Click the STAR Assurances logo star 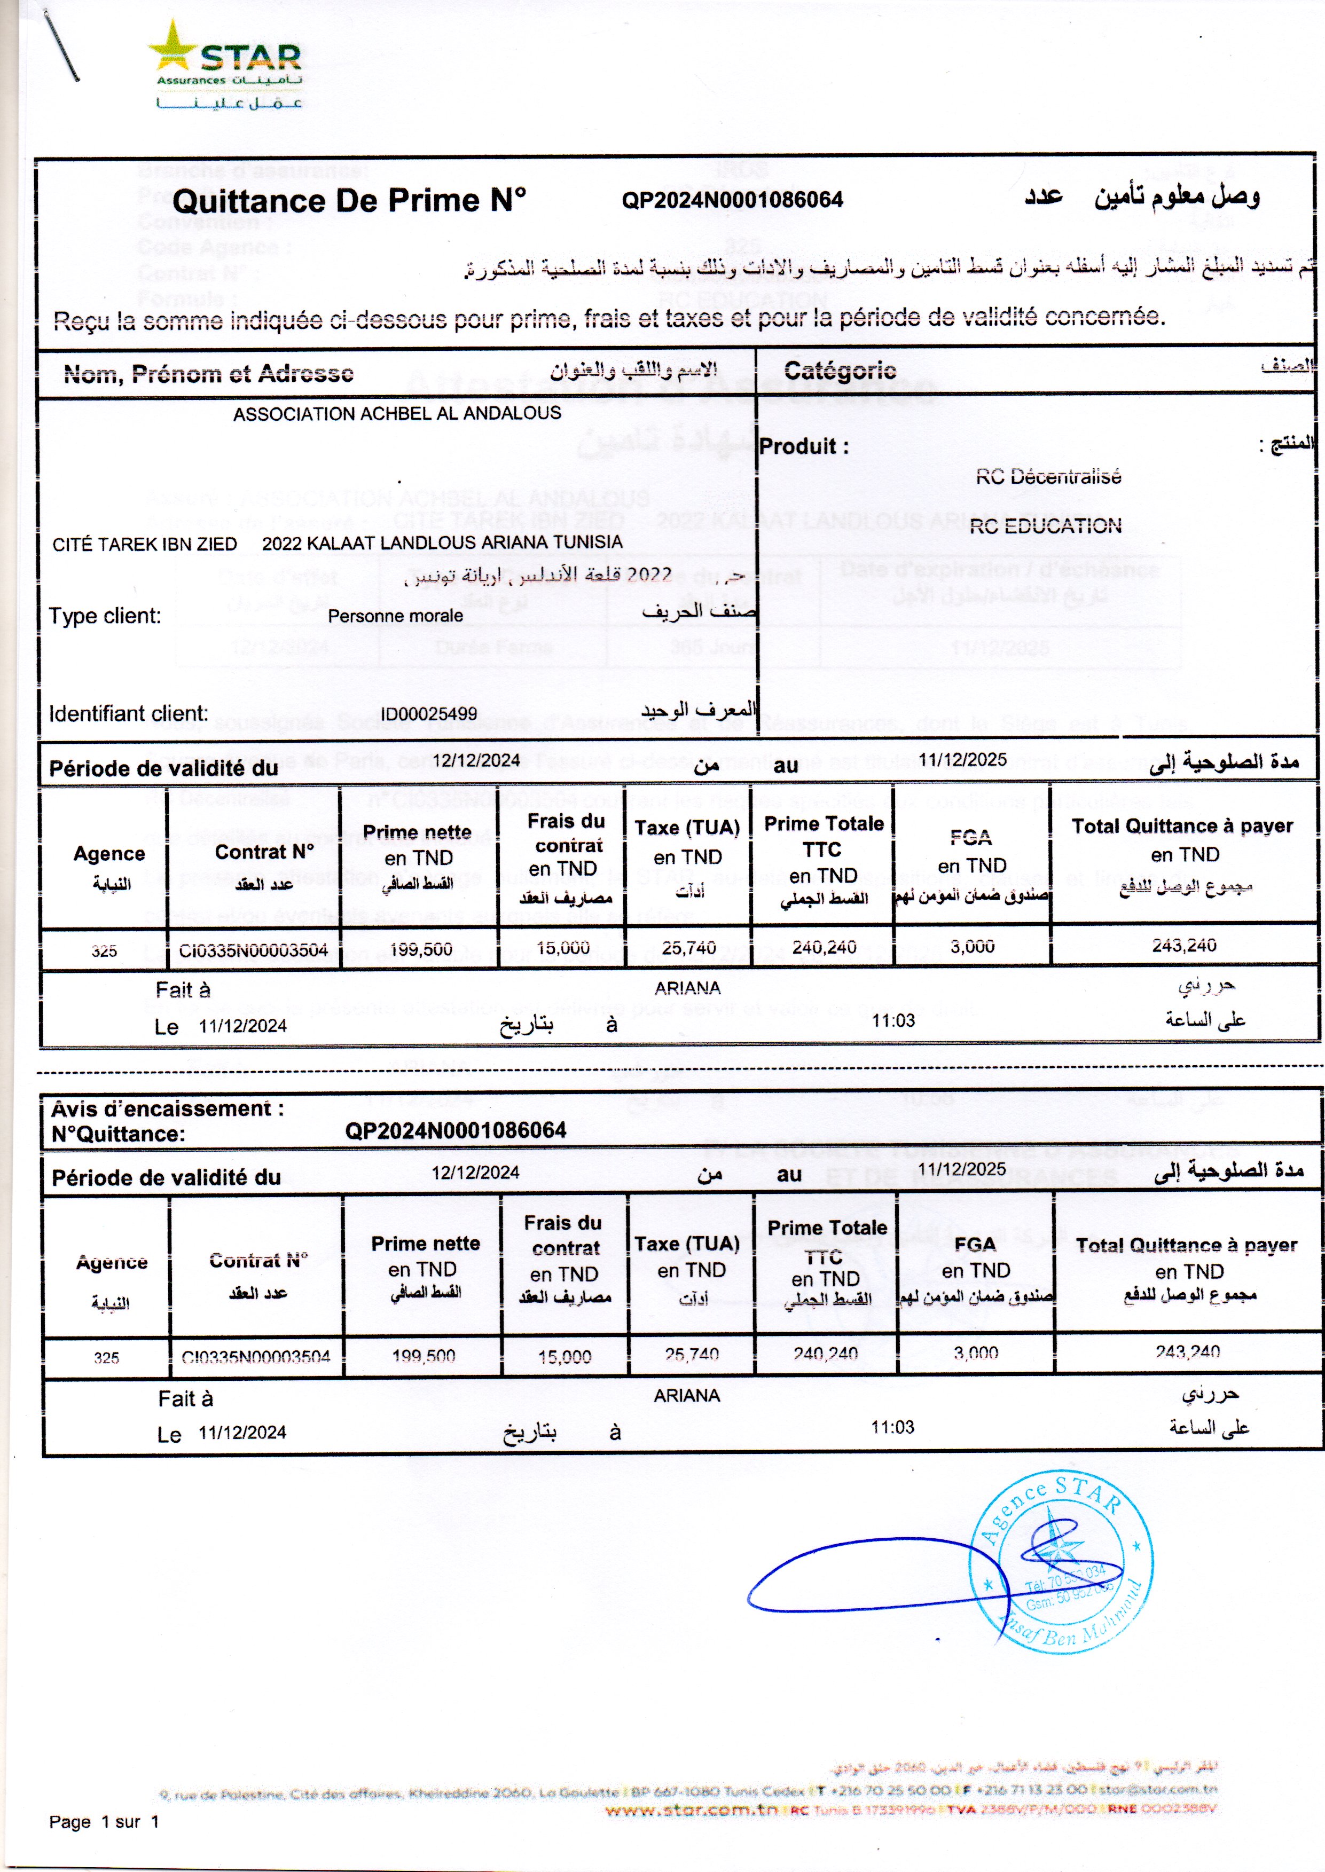click(x=174, y=46)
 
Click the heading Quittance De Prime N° click(x=349, y=201)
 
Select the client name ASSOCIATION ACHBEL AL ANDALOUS click(x=396, y=414)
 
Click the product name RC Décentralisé click(x=1048, y=477)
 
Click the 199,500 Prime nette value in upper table click(x=420, y=949)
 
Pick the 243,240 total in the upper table click(x=1184, y=946)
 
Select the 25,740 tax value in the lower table click(x=691, y=1355)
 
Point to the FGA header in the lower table click(x=975, y=1245)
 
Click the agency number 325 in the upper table click(x=104, y=951)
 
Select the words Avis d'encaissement click(x=167, y=1110)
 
